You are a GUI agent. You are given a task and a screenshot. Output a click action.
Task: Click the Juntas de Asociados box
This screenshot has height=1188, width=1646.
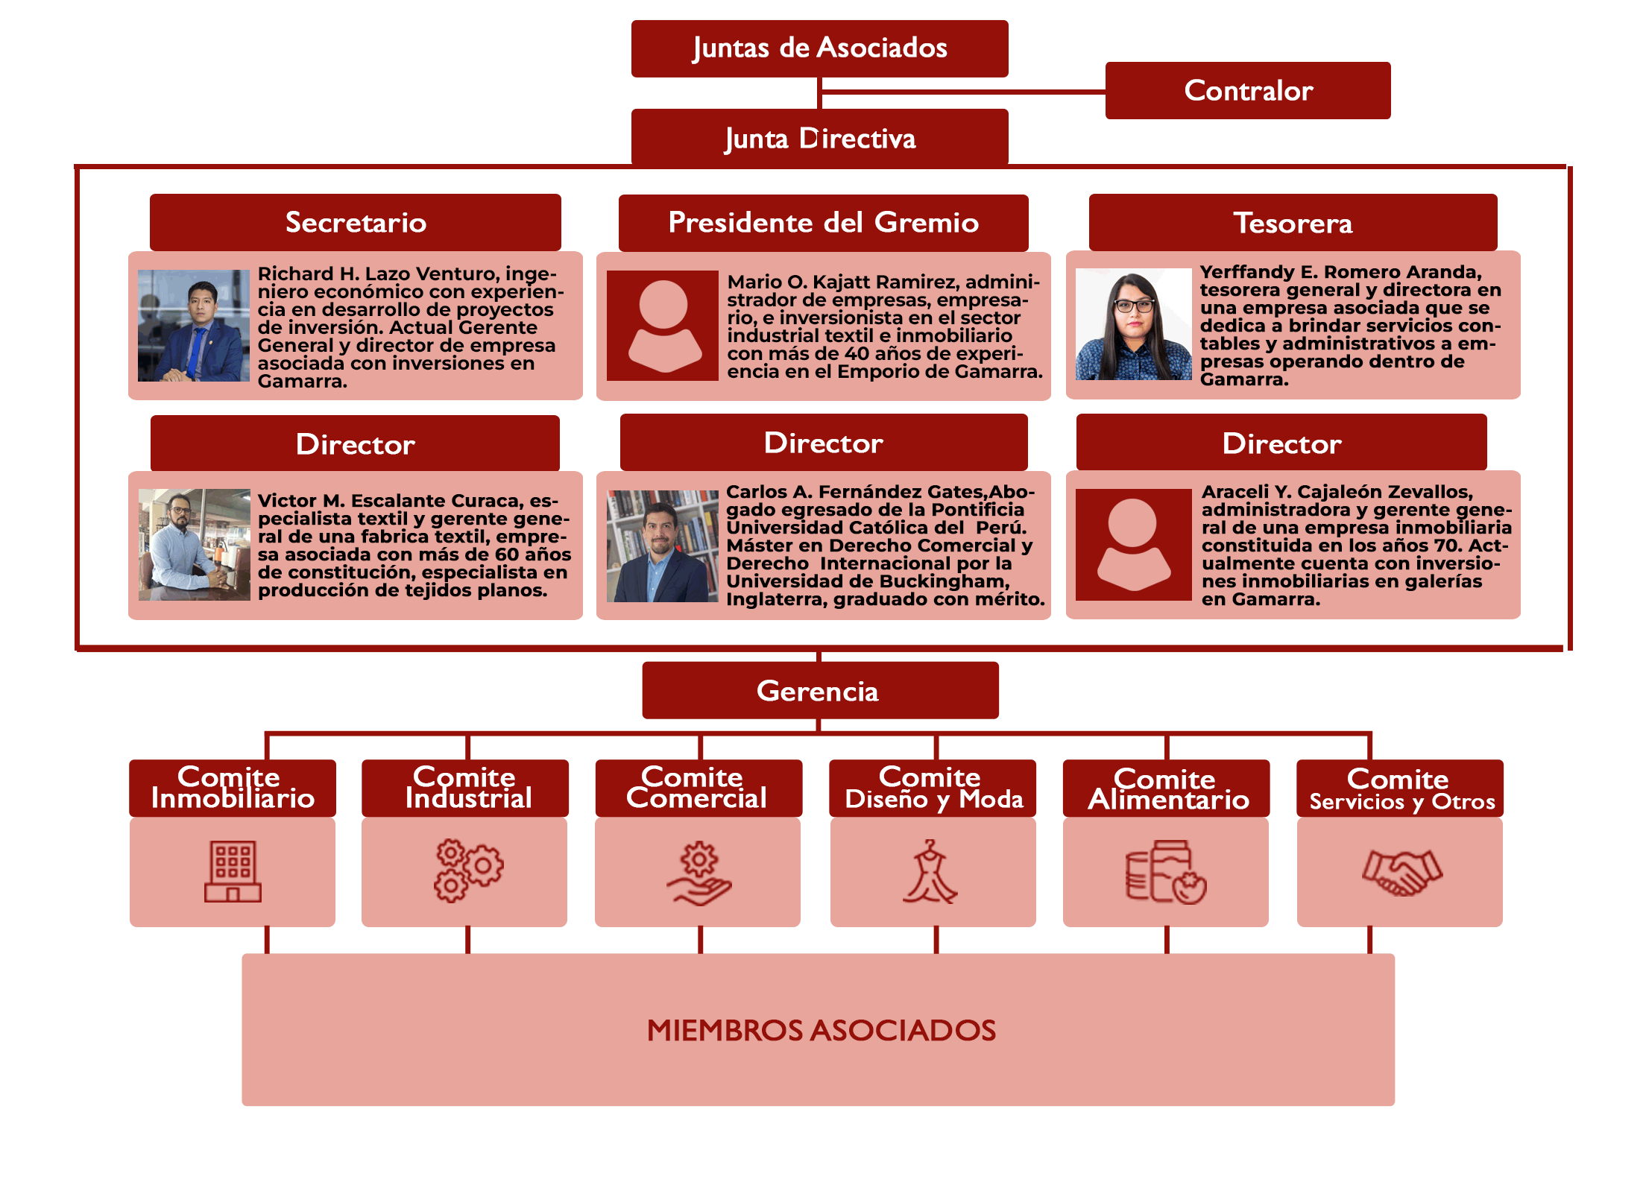tap(819, 48)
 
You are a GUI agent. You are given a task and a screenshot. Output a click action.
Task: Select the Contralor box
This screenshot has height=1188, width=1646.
tap(1248, 90)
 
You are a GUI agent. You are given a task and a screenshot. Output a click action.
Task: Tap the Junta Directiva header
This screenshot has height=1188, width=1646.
tap(819, 138)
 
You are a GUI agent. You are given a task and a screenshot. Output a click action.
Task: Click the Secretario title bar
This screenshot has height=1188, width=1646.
tap(356, 222)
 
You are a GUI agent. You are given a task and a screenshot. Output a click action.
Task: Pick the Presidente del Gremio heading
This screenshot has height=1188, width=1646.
tap(824, 222)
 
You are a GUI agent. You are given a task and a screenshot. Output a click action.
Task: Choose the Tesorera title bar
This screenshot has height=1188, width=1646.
tap(1293, 222)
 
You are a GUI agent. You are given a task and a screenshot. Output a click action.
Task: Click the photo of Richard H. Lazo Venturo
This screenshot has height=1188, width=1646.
tap(194, 326)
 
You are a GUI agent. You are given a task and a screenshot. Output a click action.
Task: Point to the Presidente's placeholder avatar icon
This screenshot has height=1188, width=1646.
tap(663, 326)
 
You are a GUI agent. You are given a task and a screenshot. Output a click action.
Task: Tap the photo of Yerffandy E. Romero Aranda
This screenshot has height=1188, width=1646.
tap(1133, 324)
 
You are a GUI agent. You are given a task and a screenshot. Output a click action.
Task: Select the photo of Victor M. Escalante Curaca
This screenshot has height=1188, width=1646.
tap(195, 545)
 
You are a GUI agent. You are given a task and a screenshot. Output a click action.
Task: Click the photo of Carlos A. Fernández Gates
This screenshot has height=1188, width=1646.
tap(663, 546)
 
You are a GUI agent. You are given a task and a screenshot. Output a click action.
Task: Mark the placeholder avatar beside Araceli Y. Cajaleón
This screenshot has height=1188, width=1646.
tap(1133, 545)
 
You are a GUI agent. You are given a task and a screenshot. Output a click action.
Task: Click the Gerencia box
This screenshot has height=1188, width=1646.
tap(820, 690)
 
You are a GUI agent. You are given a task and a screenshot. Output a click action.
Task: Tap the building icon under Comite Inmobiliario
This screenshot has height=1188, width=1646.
tap(233, 871)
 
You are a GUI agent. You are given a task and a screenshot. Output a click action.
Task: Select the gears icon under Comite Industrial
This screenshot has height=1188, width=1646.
tap(468, 871)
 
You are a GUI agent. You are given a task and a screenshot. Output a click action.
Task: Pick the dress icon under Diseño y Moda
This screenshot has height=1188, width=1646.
tap(930, 871)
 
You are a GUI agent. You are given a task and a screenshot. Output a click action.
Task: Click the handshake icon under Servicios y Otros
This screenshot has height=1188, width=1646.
tap(1402, 872)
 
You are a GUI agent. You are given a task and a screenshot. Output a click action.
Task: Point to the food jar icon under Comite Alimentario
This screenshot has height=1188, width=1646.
tap(1166, 872)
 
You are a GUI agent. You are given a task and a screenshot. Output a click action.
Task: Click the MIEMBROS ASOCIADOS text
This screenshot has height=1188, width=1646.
tap(822, 1030)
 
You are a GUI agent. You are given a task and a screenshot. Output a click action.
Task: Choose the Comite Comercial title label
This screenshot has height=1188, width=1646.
tap(698, 788)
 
